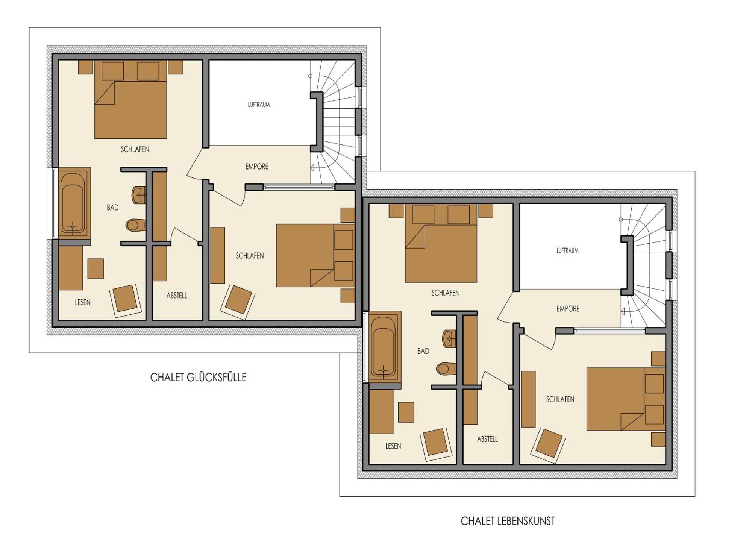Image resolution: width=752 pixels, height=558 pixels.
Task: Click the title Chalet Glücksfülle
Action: click(198, 377)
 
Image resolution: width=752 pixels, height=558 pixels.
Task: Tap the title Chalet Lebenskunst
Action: click(508, 521)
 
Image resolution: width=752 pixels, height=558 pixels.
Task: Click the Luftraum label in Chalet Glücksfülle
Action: click(259, 105)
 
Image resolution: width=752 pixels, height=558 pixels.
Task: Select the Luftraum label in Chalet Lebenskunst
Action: click(567, 250)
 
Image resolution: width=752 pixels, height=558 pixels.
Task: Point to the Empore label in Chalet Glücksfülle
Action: click(257, 167)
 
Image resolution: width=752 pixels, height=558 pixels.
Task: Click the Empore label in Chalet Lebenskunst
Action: click(568, 309)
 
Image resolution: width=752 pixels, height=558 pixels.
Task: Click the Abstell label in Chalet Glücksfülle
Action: click(177, 296)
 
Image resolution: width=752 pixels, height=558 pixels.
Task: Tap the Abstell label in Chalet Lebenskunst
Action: click(487, 439)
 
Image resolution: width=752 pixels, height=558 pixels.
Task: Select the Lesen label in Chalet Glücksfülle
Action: click(82, 302)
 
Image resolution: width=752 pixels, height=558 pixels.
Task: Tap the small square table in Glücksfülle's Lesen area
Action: click(96, 268)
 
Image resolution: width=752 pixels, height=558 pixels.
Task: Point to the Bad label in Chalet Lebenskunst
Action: click(423, 351)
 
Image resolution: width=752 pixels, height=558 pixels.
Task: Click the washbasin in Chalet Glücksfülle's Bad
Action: click(139, 195)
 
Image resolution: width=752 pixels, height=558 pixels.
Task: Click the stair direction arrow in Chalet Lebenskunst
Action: click(623, 311)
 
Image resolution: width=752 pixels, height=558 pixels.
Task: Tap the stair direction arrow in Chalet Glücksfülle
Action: click(312, 168)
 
